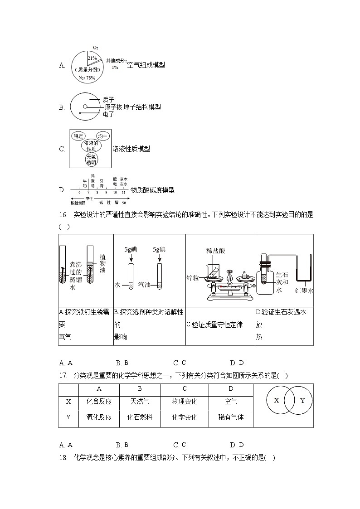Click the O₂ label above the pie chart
point(95,48)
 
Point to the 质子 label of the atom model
point(108,99)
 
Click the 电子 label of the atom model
point(108,115)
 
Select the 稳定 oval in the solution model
point(79,136)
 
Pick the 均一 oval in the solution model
point(102,136)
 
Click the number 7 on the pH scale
point(88,193)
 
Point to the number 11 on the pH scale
point(123,193)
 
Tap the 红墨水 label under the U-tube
point(304,291)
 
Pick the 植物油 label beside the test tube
point(102,263)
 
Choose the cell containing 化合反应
point(99,402)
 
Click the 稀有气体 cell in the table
point(231,417)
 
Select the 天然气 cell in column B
point(140,402)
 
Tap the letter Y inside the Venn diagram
point(303,401)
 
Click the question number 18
point(63,458)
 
